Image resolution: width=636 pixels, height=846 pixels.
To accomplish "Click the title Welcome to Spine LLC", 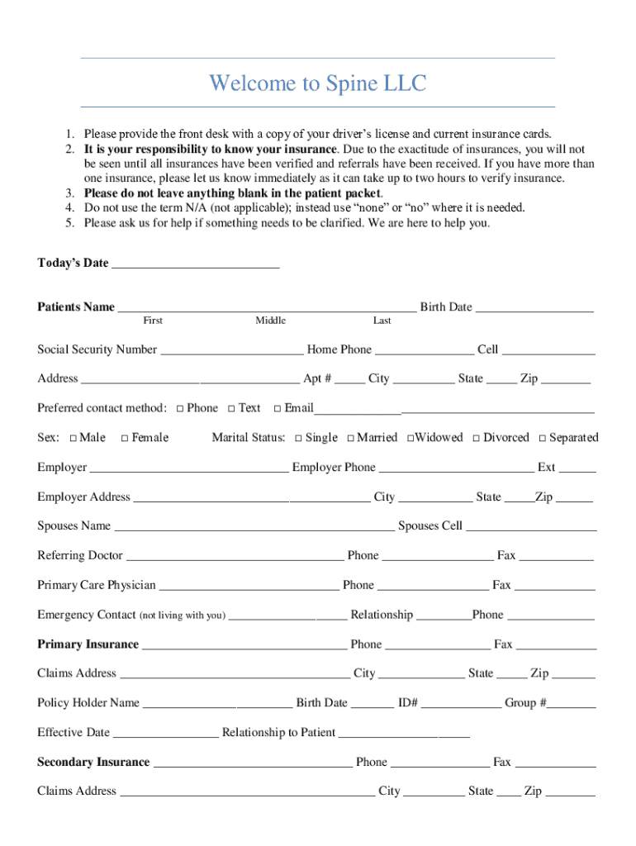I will click(x=317, y=83).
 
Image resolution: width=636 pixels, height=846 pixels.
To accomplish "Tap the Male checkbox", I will click(x=74, y=438).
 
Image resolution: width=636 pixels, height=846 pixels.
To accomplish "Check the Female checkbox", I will click(x=125, y=438).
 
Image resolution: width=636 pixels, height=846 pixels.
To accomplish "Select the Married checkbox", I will click(x=351, y=438).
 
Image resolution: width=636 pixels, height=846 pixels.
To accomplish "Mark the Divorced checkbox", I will click(x=477, y=438).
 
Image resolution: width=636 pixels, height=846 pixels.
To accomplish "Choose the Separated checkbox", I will click(x=543, y=438).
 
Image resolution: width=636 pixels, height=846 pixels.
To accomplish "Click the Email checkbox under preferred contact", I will click(x=278, y=408).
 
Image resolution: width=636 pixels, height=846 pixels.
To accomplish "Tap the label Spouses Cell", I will click(x=430, y=526).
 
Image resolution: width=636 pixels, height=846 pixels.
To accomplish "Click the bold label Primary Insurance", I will click(x=88, y=644).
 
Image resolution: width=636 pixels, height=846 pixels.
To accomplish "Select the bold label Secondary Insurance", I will click(x=93, y=762).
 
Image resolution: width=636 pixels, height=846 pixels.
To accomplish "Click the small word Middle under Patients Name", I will click(x=270, y=321).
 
